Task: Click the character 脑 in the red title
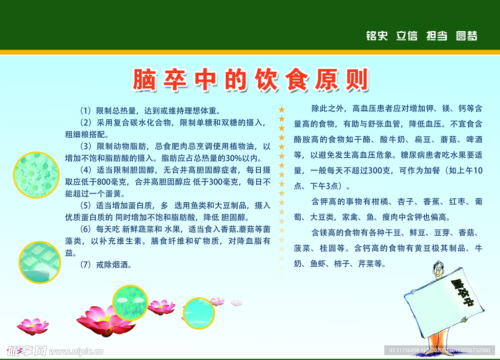[145, 80]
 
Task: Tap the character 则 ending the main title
[356, 80]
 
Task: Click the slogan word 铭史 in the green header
[376, 36]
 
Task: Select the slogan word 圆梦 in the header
[466, 36]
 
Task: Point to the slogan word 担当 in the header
[437, 36]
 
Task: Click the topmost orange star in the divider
[281, 109]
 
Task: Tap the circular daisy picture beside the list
[36, 175]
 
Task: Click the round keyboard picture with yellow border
[40, 262]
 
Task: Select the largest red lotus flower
[105, 320]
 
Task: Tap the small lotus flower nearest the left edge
[33, 326]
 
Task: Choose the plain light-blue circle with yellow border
[198, 313]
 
